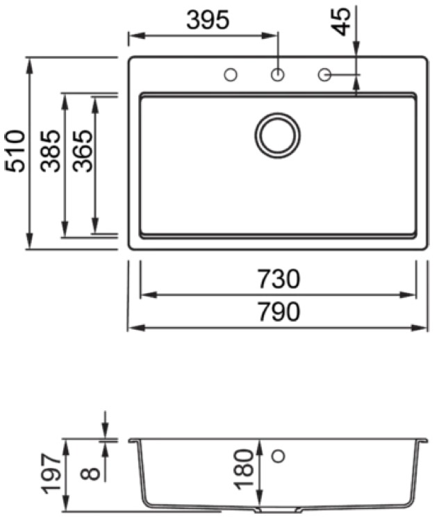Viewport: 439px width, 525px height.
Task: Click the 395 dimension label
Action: [208, 19]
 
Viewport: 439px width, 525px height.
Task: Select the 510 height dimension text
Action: [15, 151]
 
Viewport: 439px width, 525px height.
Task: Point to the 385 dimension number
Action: [51, 151]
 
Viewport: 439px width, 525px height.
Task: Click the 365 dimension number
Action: [83, 151]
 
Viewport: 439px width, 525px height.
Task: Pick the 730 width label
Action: [279, 279]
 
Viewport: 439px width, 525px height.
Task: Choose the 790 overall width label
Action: [279, 311]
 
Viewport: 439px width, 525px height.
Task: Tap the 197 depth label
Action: [51, 474]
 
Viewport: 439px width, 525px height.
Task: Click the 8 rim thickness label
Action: [90, 474]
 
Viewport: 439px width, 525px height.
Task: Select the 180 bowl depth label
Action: [244, 469]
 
